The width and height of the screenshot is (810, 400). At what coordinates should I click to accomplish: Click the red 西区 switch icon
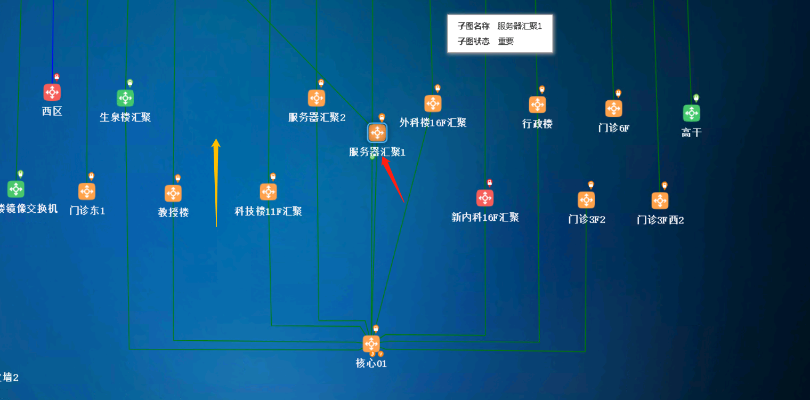52,92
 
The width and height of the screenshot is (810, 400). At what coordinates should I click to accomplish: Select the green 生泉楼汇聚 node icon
125,98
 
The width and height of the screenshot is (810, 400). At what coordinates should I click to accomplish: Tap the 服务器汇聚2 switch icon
317,98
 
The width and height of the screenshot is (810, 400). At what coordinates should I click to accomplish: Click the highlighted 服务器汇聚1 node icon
377,133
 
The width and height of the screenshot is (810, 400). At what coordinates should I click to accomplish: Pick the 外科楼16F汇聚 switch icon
433,103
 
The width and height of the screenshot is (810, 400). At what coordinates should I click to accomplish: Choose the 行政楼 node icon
537,105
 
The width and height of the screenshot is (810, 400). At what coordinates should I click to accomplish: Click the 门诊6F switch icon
613,108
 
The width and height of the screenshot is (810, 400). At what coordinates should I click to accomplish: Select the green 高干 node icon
691,113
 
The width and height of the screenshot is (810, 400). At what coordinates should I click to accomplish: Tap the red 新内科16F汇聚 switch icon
485,198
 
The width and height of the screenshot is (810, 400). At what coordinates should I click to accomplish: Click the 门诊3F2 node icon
586,200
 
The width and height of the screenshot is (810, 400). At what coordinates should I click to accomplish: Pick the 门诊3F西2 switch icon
660,201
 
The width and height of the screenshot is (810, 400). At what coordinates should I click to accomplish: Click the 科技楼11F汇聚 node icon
268,192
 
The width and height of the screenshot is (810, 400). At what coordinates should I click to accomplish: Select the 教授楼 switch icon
173,193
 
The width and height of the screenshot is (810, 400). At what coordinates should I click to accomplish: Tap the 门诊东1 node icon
87,191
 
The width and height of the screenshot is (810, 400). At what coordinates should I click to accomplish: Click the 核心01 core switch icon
371,344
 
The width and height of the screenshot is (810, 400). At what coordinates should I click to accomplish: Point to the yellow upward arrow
216,181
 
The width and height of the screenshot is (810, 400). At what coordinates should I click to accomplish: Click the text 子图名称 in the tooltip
473,26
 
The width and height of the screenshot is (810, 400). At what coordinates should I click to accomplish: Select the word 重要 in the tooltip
506,41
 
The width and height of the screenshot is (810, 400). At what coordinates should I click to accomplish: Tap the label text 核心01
371,364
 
